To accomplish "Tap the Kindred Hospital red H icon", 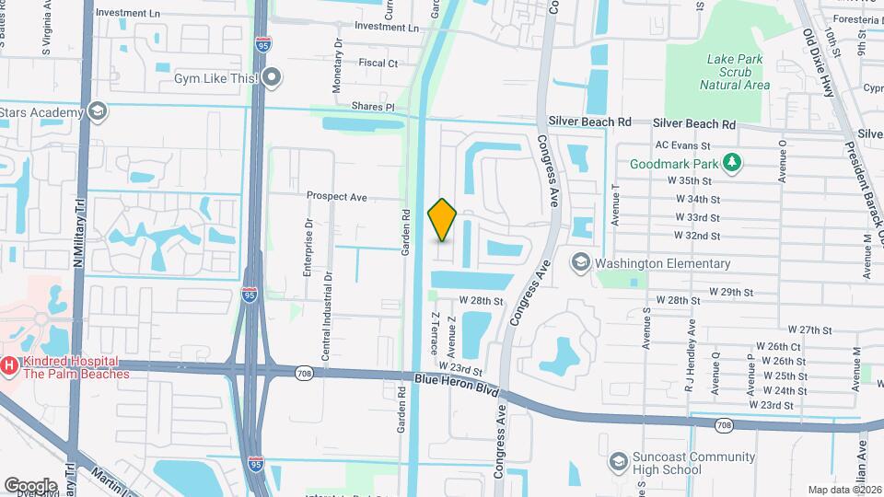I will (9, 366).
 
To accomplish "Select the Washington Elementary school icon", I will (580, 263).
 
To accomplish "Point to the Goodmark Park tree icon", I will (732, 164).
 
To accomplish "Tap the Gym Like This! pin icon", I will (272, 78).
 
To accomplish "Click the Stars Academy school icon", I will (96, 112).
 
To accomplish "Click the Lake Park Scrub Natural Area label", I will (734, 72).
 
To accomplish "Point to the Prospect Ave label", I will (337, 196).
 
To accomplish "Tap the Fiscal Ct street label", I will (378, 64).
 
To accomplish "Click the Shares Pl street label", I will (376, 107).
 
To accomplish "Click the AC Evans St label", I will (681, 145).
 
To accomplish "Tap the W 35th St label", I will (696, 181).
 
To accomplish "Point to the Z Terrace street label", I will (433, 332).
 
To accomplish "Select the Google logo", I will (30, 485).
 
